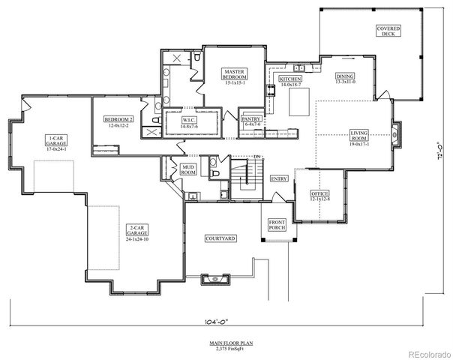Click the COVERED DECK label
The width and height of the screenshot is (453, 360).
pyautogui.click(x=388, y=31)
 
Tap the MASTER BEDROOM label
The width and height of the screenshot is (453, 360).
pyautogui.click(x=232, y=75)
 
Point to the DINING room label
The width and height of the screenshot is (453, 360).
pyautogui.click(x=345, y=77)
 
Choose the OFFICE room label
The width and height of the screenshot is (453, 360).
pyautogui.click(x=320, y=194)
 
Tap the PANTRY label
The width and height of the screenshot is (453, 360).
pyautogui.click(x=250, y=119)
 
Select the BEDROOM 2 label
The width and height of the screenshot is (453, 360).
pyautogui.click(x=118, y=121)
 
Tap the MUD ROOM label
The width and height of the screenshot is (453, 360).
pyautogui.click(x=187, y=169)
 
